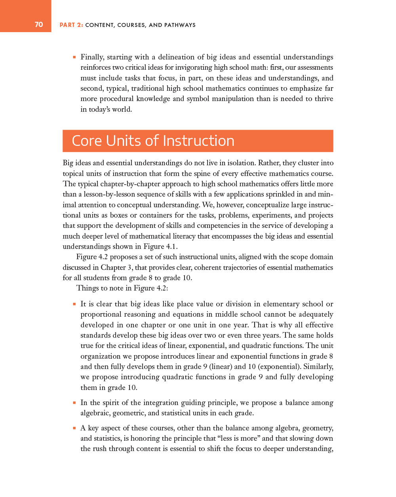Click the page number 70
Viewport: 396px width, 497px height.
click(x=39, y=25)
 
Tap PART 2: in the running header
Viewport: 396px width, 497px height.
click(x=71, y=25)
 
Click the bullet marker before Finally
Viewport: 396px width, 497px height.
click(x=74, y=57)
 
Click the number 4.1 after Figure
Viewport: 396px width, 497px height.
click(x=171, y=247)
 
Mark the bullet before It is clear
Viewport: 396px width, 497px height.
click(x=74, y=304)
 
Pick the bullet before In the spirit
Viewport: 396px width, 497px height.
click(x=74, y=403)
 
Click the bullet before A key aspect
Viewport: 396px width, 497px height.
click(x=74, y=428)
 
